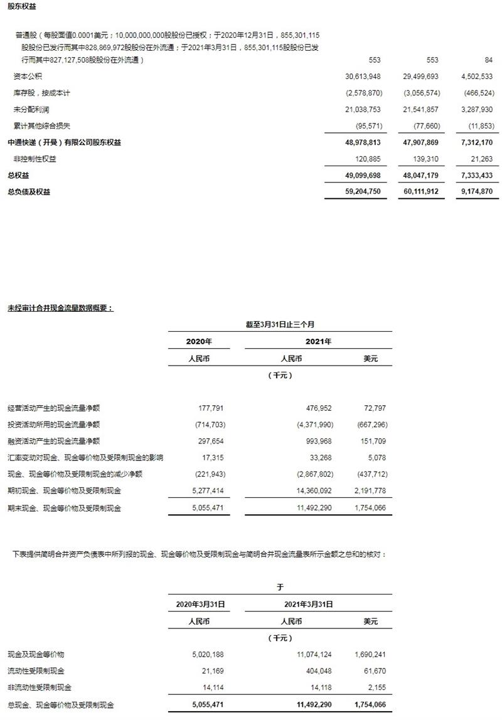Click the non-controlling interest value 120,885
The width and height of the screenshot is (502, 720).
point(366,159)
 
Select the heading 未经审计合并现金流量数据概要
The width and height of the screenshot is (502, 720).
point(60,309)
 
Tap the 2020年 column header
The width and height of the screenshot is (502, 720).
point(200,342)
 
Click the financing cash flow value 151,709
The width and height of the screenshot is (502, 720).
point(373,441)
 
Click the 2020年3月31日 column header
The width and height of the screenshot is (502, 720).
point(200,605)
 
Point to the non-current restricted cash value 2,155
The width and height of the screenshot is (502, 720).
point(377,688)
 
